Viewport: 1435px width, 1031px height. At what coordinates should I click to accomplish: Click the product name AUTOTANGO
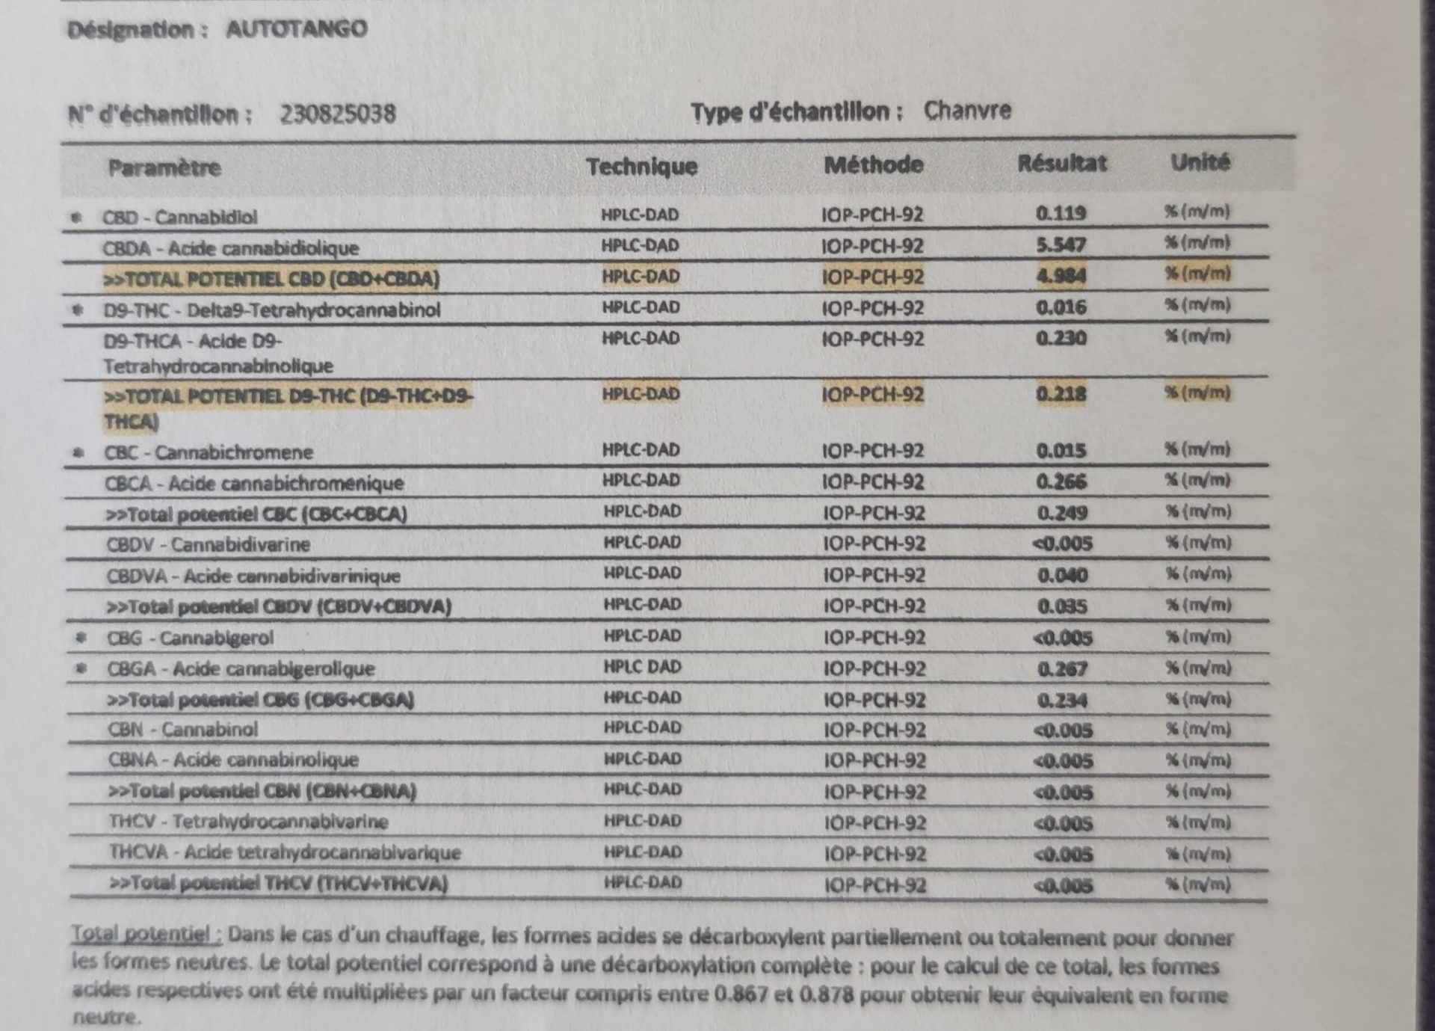pos(296,29)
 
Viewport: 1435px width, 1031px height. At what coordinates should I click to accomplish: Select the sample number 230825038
pos(338,114)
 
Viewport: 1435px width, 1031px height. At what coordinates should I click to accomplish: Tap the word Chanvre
pos(967,111)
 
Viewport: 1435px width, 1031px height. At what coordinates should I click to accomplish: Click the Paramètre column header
pos(164,167)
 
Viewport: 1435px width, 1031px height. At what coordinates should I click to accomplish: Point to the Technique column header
pos(641,166)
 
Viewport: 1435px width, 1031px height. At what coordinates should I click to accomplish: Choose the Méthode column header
pos(873,164)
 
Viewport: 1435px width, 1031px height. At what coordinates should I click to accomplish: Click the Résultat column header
pos(1061,163)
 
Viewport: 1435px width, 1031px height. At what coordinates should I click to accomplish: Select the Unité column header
pos(1200,161)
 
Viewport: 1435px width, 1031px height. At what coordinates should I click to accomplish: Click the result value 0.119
pos(1061,214)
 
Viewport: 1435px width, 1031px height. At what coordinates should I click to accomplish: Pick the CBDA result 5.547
pos(1061,245)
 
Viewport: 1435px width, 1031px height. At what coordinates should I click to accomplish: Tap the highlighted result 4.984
pos(1061,276)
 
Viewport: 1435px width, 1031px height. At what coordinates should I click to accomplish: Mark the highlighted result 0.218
pos(1061,394)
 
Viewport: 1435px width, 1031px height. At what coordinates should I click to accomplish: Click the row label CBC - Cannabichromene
pos(209,452)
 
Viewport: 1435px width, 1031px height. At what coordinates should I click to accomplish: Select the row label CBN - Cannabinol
pos(183,729)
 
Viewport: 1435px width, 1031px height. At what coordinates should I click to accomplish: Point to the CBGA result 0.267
pos(1062,669)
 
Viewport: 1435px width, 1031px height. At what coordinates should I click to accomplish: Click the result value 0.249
pos(1061,514)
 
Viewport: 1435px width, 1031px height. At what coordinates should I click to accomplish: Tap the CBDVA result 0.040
pos(1062,576)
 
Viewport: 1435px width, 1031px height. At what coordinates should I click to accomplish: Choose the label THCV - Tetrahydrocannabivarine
pos(249,822)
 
